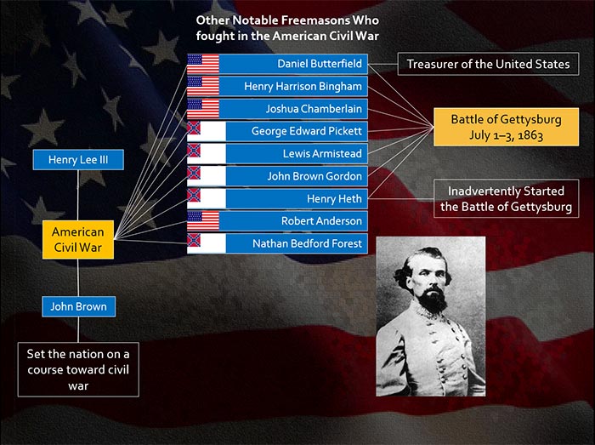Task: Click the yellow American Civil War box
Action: (x=78, y=240)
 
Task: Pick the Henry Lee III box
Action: (x=78, y=159)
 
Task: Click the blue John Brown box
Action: (x=78, y=306)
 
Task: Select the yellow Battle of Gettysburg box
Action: (x=507, y=127)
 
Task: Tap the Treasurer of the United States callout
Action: (x=489, y=64)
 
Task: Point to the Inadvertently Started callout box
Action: (x=507, y=198)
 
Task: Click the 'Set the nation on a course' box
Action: (x=78, y=369)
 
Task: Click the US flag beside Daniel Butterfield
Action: (x=203, y=64)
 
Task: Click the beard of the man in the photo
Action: (x=433, y=300)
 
